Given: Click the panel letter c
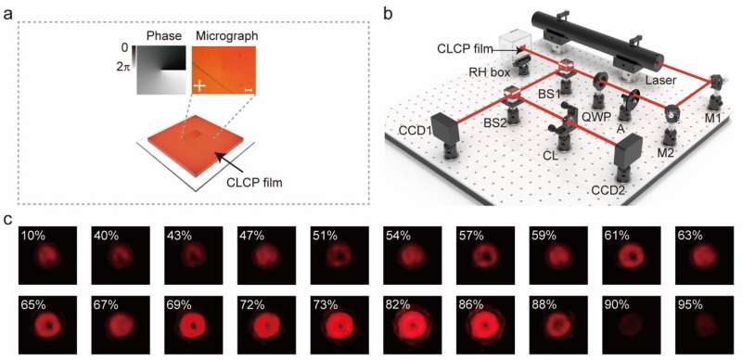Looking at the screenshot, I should pos(8,220).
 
